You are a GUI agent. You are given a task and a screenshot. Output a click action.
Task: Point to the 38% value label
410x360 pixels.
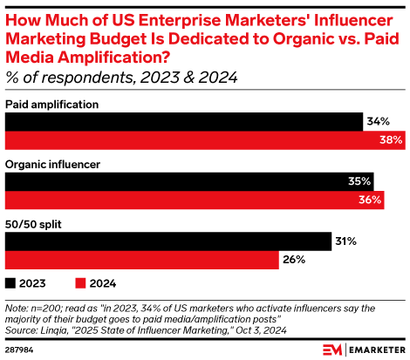pos(391,139)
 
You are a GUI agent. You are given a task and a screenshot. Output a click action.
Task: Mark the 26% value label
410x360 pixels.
pos(294,260)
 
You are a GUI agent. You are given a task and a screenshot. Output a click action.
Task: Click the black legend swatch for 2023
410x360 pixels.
pos(11,283)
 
